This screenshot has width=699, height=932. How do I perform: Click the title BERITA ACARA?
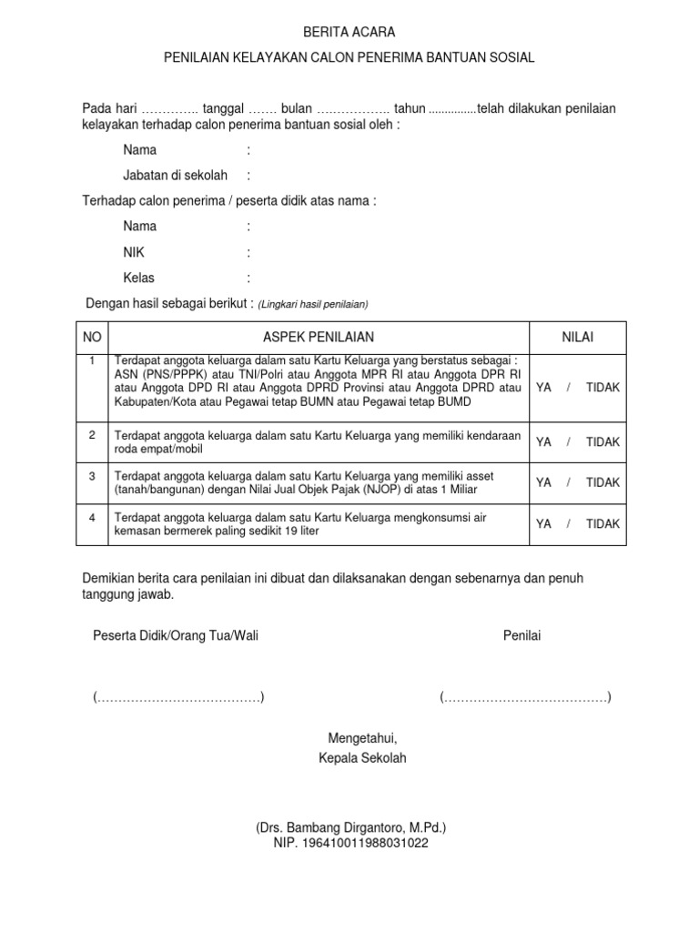pyautogui.click(x=349, y=32)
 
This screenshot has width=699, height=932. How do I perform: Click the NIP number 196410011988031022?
pyautogui.click(x=350, y=843)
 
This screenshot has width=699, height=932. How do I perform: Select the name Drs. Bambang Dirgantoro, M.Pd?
pyautogui.click(x=350, y=828)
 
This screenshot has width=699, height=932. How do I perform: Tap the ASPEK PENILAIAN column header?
pyautogui.click(x=319, y=337)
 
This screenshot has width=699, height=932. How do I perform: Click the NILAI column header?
pyautogui.click(x=577, y=337)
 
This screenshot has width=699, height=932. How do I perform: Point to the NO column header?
pyautogui.click(x=91, y=337)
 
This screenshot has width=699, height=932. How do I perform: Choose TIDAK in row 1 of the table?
pyautogui.click(x=603, y=387)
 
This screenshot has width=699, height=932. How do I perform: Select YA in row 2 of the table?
pyautogui.click(x=544, y=441)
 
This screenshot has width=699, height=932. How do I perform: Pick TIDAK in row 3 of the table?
pyautogui.click(x=603, y=482)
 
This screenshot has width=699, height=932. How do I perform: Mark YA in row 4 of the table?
pyautogui.click(x=544, y=523)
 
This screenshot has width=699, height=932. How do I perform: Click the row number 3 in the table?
pyautogui.click(x=91, y=475)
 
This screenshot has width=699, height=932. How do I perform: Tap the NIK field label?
pyautogui.click(x=134, y=252)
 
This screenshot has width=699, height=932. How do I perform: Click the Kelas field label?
pyautogui.click(x=138, y=278)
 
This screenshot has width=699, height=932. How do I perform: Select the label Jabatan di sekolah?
pyautogui.click(x=176, y=176)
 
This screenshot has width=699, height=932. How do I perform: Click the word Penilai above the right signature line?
pyautogui.click(x=522, y=635)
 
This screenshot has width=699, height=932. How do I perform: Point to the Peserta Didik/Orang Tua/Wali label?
pyautogui.click(x=177, y=635)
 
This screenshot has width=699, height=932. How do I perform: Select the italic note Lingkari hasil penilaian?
pyautogui.click(x=312, y=304)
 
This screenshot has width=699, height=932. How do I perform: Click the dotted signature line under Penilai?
pyautogui.click(x=525, y=698)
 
